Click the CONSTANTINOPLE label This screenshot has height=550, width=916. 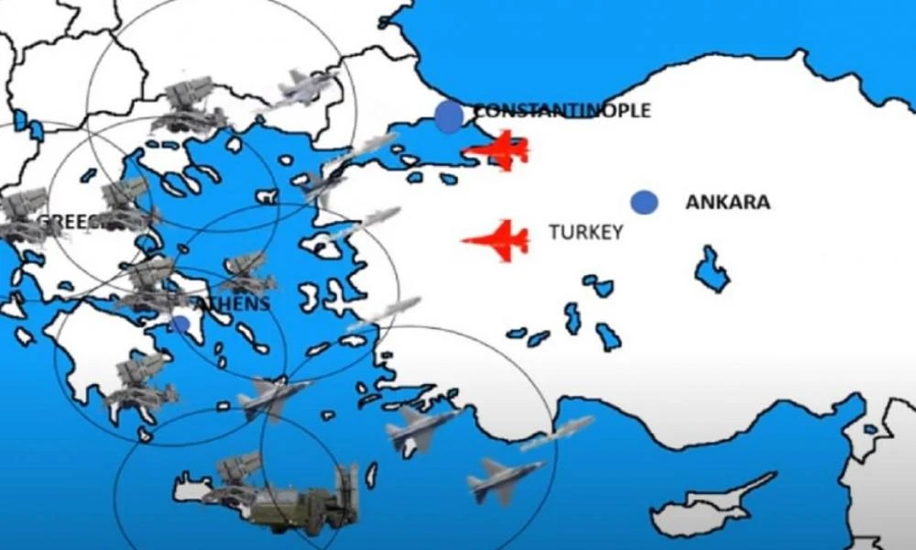click(x=561, y=111)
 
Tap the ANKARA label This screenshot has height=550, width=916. click(x=727, y=203)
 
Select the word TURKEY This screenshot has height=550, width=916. click(x=585, y=232)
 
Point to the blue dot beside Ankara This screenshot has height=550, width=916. click(x=644, y=203)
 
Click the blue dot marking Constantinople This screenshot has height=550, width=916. click(x=449, y=117)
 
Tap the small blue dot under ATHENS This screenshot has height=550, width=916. click(x=180, y=324)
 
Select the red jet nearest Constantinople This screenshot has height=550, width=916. click(x=499, y=149)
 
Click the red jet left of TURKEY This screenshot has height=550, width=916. click(x=497, y=240)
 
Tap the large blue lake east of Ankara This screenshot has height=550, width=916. click(x=711, y=269)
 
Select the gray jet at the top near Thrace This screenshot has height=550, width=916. click(x=305, y=87)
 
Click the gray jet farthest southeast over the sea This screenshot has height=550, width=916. click(x=503, y=479)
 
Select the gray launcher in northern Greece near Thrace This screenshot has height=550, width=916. click(x=188, y=105)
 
